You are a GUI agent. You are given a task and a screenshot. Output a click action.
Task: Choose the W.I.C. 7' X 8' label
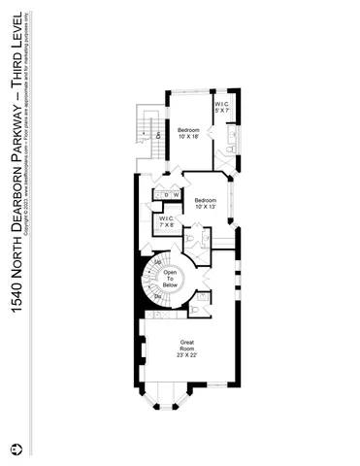point(166,223)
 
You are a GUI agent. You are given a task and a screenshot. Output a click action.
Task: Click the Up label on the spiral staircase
point(158,261)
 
